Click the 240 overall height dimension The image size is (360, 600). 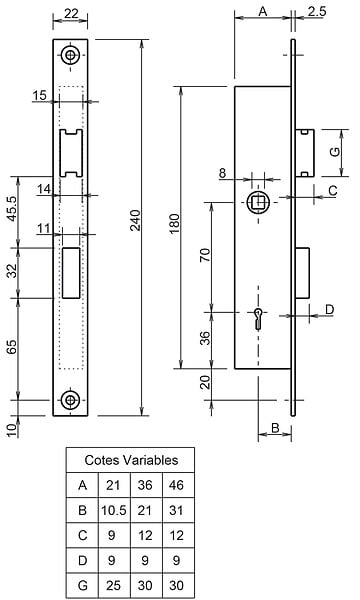[136, 220]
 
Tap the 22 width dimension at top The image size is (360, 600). [71, 13]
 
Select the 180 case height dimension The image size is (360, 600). [174, 224]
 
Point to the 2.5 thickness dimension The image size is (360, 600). [317, 11]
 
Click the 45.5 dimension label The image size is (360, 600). [12, 209]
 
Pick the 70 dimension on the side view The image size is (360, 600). [205, 255]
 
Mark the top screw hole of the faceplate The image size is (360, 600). [70, 55]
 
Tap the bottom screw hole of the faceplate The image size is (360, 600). [70, 400]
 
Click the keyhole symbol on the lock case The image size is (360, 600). [259, 318]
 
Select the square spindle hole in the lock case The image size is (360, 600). [259, 202]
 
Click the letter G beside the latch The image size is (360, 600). [334, 152]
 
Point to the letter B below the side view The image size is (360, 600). [275, 427]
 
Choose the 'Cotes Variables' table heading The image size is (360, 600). [131, 460]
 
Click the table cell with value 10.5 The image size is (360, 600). [114, 510]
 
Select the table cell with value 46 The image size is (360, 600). [176, 485]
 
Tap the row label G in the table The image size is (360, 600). [82, 585]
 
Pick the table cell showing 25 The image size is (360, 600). [113, 585]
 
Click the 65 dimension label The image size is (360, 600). [12, 347]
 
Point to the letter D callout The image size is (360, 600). [329, 309]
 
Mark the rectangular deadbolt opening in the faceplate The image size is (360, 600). [71, 273]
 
